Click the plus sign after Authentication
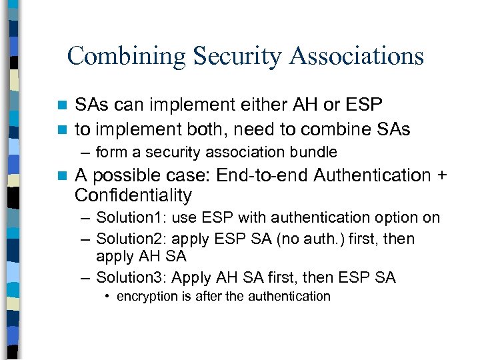[441, 176]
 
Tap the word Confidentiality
[133, 196]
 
